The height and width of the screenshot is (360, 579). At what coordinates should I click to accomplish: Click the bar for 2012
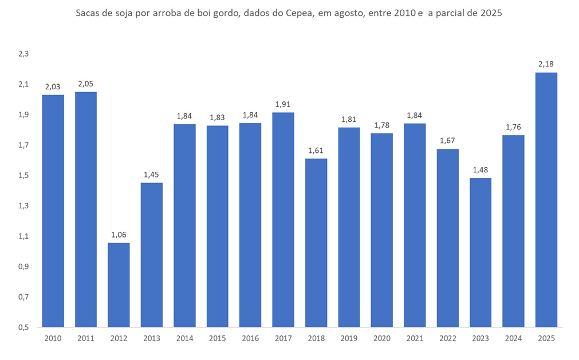click(x=119, y=285)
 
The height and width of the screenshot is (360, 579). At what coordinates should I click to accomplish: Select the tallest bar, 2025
click(x=546, y=200)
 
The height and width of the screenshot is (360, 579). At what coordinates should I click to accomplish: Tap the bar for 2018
click(x=316, y=243)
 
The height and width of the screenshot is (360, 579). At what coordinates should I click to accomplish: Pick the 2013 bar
click(x=151, y=255)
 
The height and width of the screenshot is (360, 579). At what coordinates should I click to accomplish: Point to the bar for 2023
click(x=480, y=252)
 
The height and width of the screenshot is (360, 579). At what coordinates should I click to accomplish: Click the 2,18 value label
click(x=546, y=64)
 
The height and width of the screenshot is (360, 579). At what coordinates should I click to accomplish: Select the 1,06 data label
click(x=119, y=234)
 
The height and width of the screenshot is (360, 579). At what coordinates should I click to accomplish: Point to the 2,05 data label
click(x=85, y=84)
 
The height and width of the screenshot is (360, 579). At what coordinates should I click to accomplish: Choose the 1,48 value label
click(x=480, y=169)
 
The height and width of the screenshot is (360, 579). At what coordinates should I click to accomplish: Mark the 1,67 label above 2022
click(x=447, y=141)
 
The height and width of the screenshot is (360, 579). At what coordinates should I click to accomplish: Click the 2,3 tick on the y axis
click(x=23, y=54)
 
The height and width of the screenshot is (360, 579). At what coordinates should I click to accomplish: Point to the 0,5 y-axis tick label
click(x=23, y=327)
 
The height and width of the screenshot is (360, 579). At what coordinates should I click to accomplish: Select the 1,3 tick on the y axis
click(x=23, y=206)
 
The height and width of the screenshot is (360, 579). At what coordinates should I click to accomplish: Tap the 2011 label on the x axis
click(x=85, y=338)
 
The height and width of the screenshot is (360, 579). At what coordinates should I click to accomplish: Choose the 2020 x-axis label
click(x=381, y=338)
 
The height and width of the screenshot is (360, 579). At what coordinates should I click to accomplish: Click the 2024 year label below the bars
click(x=513, y=338)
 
